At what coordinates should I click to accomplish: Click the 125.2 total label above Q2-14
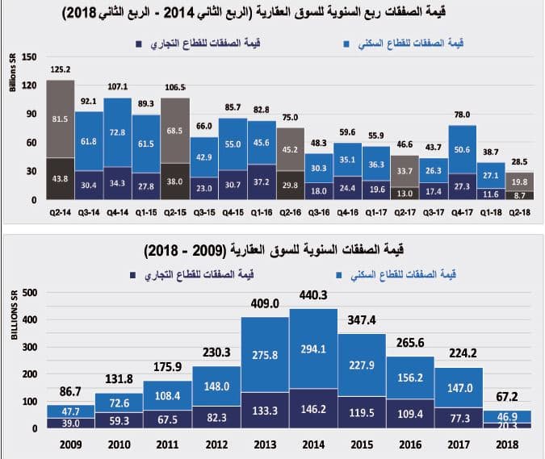(x=61, y=69)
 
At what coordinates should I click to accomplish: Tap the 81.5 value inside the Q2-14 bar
(x=61, y=119)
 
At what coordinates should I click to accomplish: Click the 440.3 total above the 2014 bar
(x=315, y=296)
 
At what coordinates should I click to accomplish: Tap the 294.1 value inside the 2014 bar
(x=315, y=352)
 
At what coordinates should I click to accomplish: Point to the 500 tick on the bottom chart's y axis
(x=29, y=292)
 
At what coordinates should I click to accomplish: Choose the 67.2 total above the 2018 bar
(x=507, y=397)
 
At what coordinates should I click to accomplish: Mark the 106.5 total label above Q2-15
(x=175, y=86)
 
